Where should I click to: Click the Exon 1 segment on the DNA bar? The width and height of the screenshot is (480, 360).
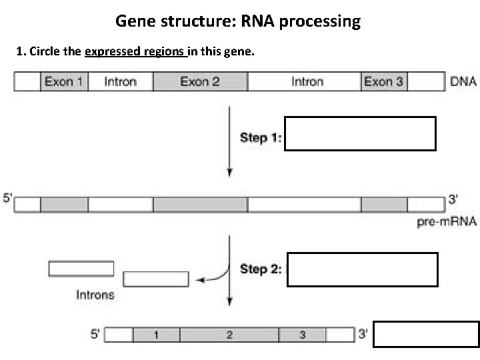tap(63, 82)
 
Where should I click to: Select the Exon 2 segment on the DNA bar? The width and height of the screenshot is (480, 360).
tap(200, 82)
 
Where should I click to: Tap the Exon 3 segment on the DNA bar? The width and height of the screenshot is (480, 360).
tap(383, 82)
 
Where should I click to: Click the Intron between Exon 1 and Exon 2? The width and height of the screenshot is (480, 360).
tap(121, 82)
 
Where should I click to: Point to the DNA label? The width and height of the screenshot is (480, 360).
tap(463, 82)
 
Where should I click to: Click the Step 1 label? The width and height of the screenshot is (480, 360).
tap(261, 138)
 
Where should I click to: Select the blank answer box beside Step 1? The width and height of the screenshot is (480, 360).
tap(360, 134)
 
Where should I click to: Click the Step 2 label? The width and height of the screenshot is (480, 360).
tap(261, 269)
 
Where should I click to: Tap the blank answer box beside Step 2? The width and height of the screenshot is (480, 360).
tap(362, 269)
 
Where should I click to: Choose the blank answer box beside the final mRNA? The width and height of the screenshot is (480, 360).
tap(425, 335)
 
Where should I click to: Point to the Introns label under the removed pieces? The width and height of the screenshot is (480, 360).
tap(95, 294)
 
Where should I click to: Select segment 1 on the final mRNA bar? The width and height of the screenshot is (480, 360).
tap(156, 335)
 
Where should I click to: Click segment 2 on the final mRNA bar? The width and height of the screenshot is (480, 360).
tap(229, 335)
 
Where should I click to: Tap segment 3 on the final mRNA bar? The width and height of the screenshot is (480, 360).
tap(303, 335)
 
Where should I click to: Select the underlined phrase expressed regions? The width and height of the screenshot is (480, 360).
tap(135, 51)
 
